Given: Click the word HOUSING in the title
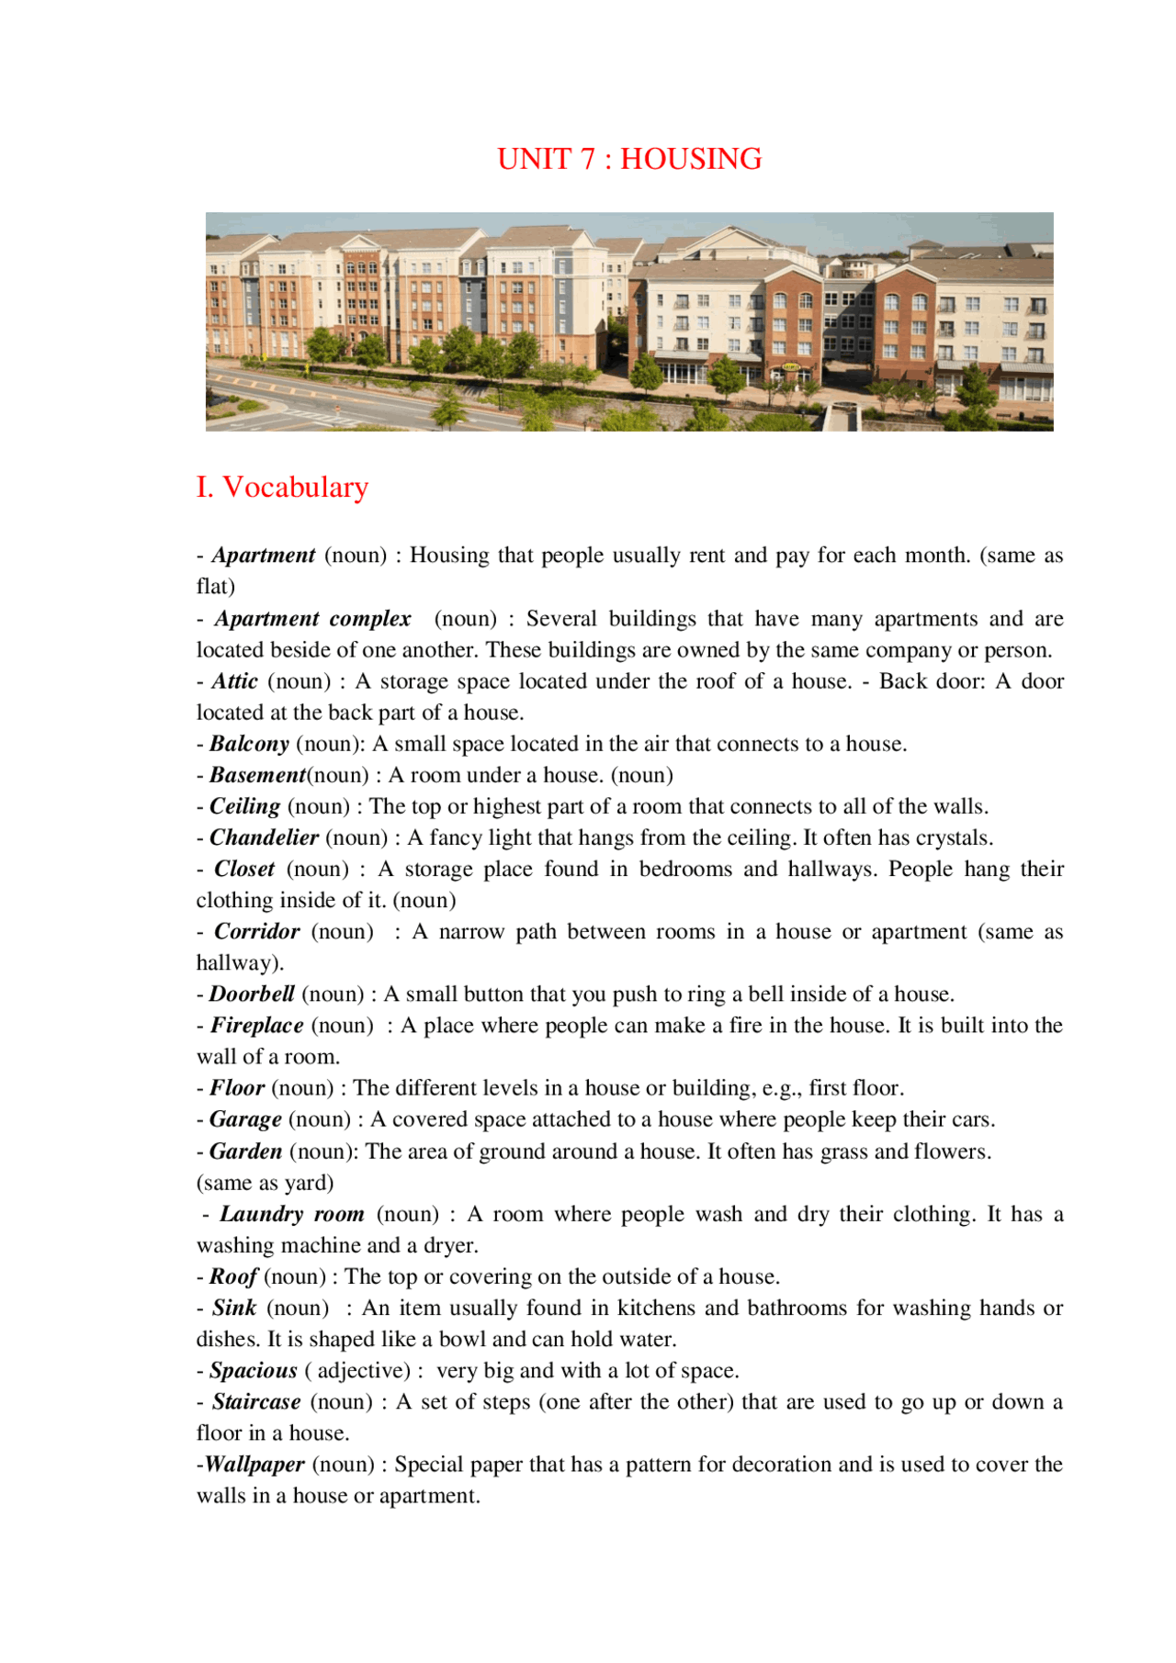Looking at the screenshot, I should click(691, 159).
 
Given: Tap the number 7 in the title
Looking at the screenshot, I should click(587, 159).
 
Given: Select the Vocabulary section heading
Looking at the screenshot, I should click(282, 487).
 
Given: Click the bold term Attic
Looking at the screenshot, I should click(234, 681).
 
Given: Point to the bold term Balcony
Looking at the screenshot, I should click(249, 744).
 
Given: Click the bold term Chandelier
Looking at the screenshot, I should click(264, 837).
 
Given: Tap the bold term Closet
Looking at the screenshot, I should click(244, 869).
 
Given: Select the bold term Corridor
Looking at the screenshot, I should click(257, 931).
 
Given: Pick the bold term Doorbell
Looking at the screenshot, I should click(252, 994).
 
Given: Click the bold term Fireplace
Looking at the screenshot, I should click(257, 1025).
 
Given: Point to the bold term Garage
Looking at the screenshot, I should click(245, 1119).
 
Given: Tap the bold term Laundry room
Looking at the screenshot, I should click(292, 1214).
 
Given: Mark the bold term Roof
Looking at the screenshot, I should click(233, 1276).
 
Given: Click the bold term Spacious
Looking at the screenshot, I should click(254, 1371).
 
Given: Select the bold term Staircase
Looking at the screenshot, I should click(256, 1402).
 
